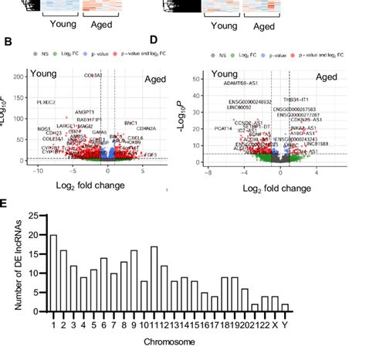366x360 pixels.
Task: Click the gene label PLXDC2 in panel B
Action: tap(46, 101)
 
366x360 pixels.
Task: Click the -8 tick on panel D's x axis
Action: tap(207, 172)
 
